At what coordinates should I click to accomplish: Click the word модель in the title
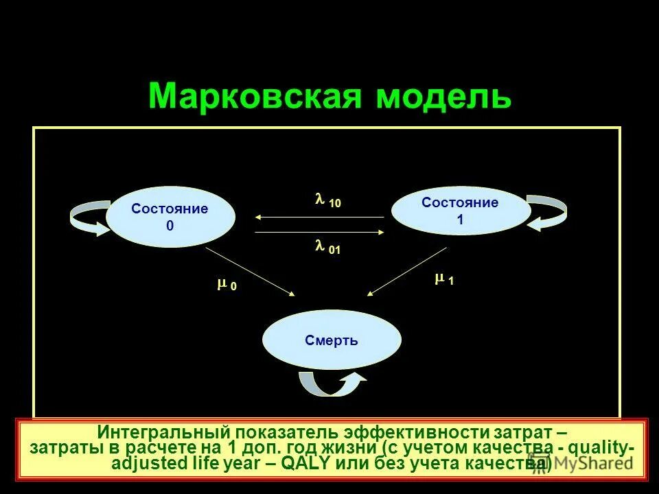(x=443, y=97)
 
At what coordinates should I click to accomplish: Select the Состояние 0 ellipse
(x=170, y=216)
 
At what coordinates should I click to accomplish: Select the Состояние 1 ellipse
(x=460, y=211)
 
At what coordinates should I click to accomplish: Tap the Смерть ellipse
(x=332, y=341)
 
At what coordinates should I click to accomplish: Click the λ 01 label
(x=327, y=248)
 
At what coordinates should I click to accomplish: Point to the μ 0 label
(x=227, y=285)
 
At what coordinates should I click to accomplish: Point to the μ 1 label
(x=443, y=279)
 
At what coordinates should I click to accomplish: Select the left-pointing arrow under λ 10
(x=319, y=217)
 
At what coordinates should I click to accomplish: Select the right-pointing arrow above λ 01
(x=319, y=233)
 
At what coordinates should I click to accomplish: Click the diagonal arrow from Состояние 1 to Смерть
(x=408, y=271)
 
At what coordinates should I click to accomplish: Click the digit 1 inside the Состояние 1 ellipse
(x=460, y=220)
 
